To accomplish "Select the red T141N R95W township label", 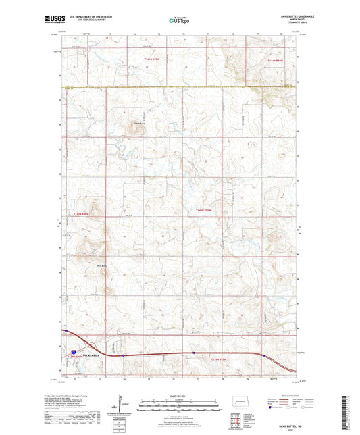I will tap(154, 61).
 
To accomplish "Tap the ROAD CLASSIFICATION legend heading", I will tap(286, 396).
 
